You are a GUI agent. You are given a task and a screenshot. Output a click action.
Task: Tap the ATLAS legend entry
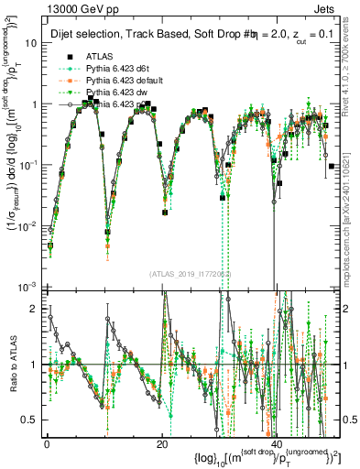pyautogui.click(x=100, y=57)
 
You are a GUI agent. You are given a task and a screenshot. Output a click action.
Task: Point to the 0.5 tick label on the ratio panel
pyautogui.click(x=30, y=420)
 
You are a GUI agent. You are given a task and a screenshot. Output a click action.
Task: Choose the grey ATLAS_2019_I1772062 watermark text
pyautogui.click(x=190, y=274)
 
